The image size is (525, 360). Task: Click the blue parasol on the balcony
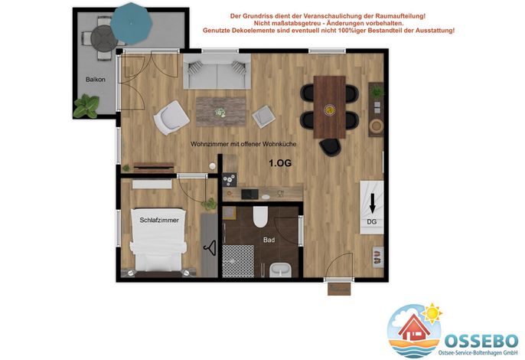[x=132, y=24]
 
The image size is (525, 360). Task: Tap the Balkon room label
[x=96, y=80]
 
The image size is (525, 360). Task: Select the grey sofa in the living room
[x=217, y=71]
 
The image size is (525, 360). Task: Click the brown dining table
[x=329, y=107]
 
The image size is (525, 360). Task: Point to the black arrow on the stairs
[x=372, y=203]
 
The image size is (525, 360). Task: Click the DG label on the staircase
[x=372, y=221]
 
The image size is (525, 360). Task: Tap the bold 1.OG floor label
[x=280, y=163]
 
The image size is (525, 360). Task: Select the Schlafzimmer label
[x=159, y=221]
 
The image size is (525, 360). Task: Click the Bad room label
[x=269, y=240]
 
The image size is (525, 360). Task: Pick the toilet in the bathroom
[x=260, y=217]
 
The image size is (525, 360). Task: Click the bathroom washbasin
[x=281, y=270]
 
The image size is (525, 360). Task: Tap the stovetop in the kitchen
[x=230, y=179]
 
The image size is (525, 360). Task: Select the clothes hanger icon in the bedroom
[x=210, y=248]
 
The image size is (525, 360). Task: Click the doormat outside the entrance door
[x=339, y=290]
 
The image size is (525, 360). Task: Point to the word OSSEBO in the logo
[x=481, y=341]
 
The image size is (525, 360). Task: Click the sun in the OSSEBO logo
[x=432, y=313]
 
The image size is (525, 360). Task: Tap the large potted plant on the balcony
[x=86, y=106]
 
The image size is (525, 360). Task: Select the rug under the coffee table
[x=221, y=112]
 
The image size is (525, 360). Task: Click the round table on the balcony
[x=104, y=38]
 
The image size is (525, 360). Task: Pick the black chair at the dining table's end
[x=330, y=148]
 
